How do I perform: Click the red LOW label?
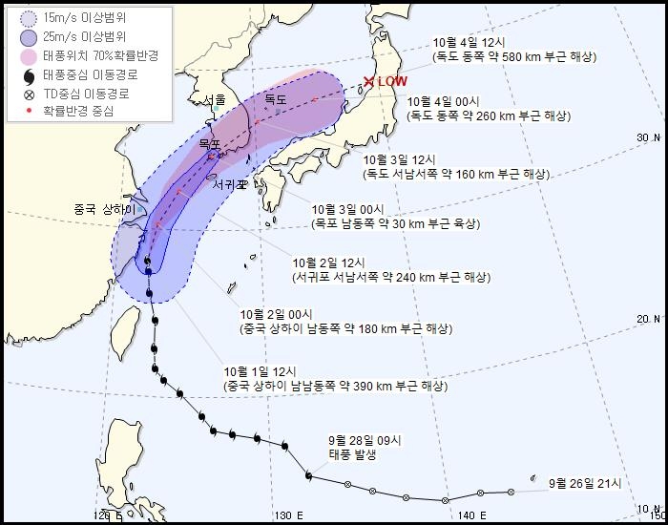392,82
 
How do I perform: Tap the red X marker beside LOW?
369,82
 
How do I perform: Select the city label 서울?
215,99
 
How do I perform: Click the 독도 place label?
276,99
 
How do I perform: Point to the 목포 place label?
209,144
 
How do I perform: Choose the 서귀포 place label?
229,184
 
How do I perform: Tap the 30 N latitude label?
649,138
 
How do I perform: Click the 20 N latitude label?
649,319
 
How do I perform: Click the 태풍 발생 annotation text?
352,454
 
